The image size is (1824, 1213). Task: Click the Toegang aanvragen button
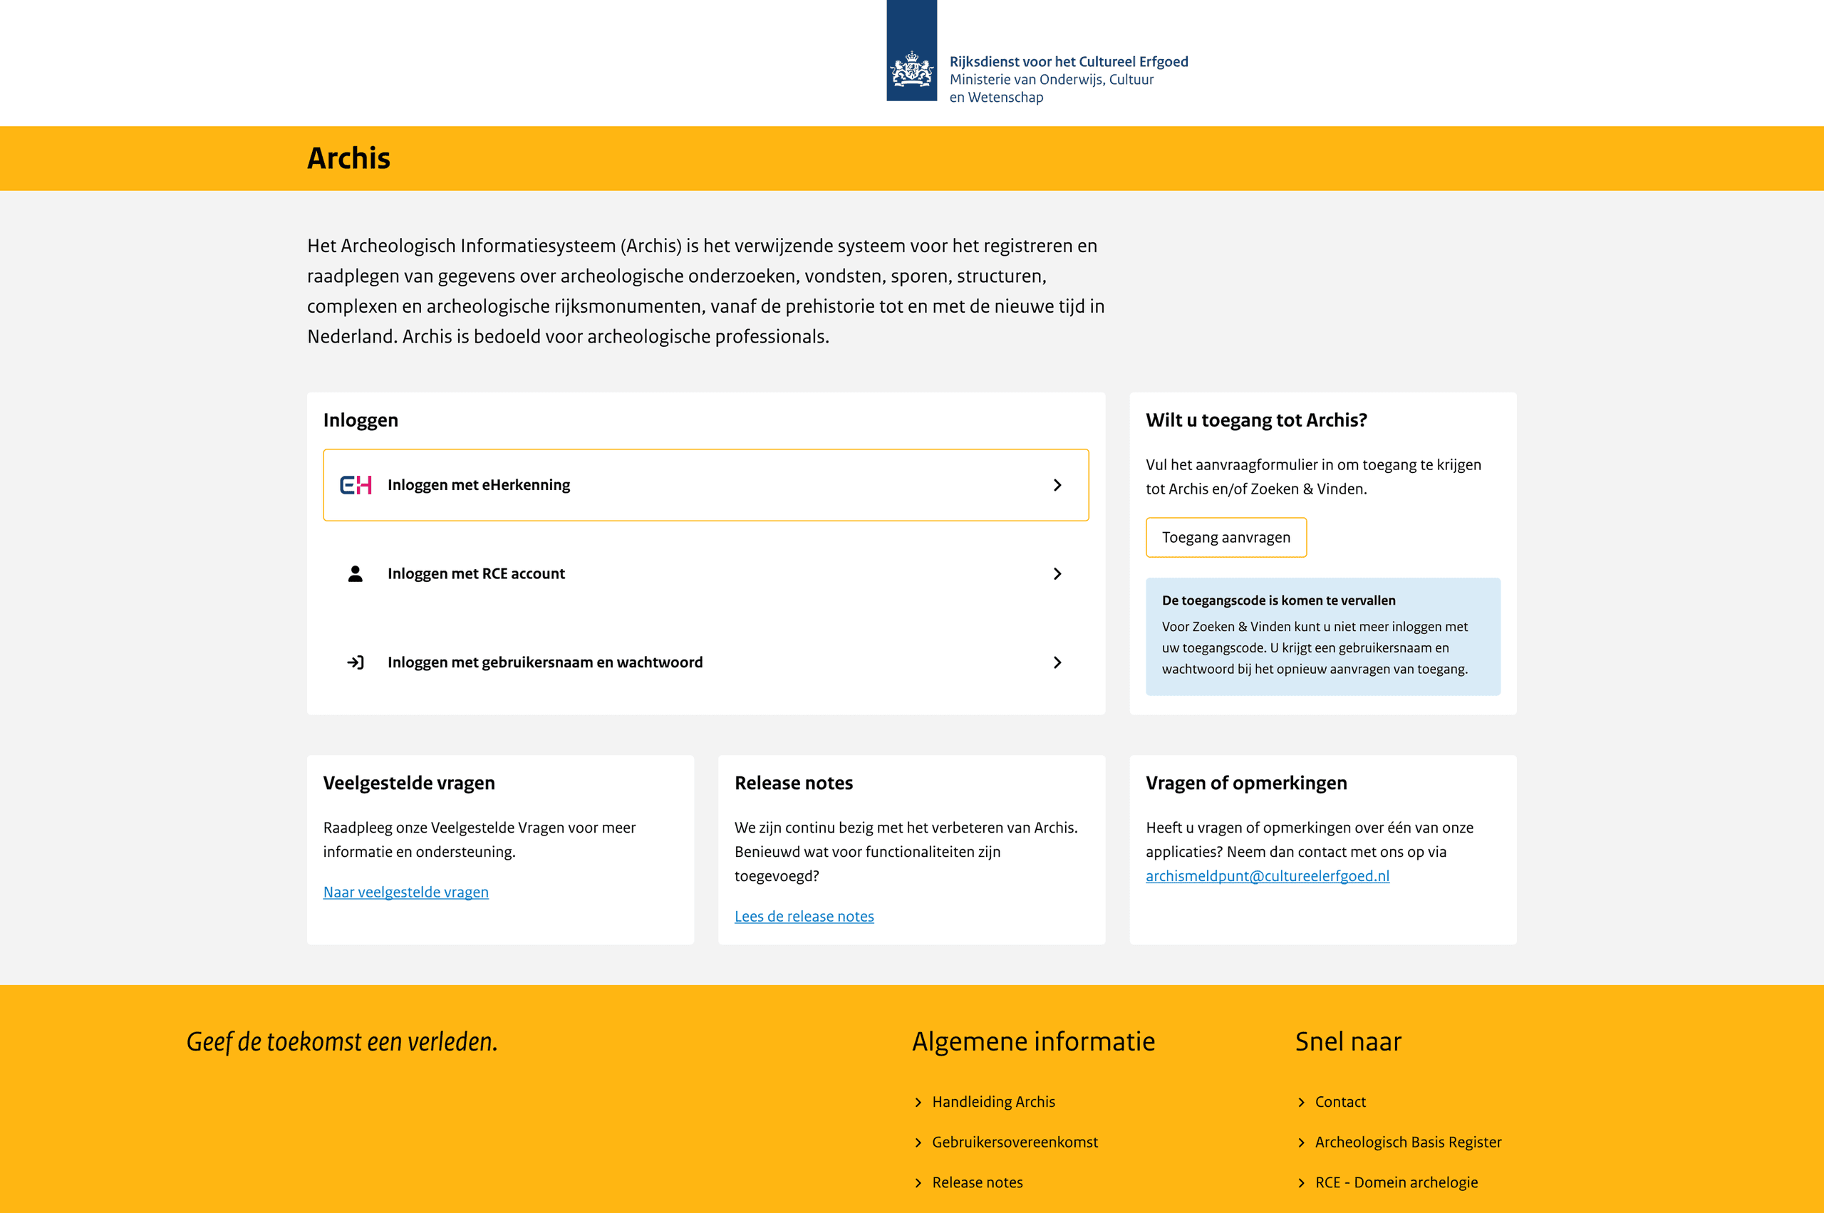point(1225,538)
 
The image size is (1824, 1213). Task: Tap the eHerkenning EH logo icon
point(356,485)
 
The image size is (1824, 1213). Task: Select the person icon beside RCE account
point(356,574)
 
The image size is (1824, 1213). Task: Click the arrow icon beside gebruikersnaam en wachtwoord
point(356,663)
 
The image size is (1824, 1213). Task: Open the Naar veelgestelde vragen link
point(405,892)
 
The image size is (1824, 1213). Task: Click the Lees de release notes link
point(804,916)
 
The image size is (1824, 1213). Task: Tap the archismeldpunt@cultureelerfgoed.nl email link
point(1267,875)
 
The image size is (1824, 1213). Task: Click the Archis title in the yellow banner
point(349,159)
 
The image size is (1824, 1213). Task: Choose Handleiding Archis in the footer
point(993,1102)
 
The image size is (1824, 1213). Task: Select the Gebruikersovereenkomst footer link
point(1015,1142)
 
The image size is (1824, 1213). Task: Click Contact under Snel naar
point(1339,1102)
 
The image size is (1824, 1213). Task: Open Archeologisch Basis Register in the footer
point(1408,1142)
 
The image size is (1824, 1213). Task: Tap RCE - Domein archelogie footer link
point(1396,1182)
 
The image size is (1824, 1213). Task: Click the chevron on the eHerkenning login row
point(1057,485)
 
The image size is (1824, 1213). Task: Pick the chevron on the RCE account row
point(1057,574)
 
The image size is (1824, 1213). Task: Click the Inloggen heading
point(361,420)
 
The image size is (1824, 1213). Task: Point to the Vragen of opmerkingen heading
point(1246,783)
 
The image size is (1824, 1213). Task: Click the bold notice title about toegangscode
point(1278,600)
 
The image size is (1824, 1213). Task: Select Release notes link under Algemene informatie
point(977,1182)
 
